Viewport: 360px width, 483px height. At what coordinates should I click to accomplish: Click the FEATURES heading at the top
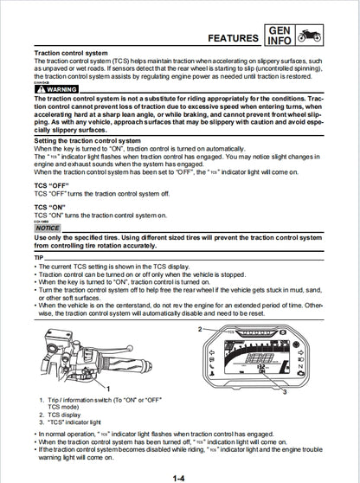pyautogui.click(x=220, y=38)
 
